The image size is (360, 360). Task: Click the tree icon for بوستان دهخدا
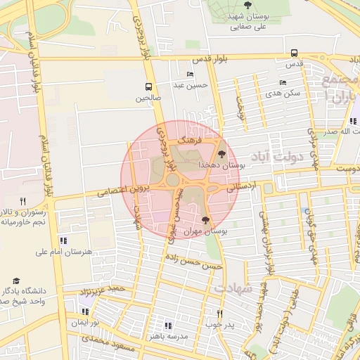[x=223, y=153]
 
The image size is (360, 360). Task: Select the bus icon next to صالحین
[x=139, y=86]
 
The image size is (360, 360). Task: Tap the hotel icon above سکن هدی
[x=283, y=82]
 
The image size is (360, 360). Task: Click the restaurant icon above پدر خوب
[x=220, y=314]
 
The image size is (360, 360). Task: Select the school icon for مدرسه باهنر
[x=167, y=325]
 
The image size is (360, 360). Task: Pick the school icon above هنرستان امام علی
[x=63, y=240]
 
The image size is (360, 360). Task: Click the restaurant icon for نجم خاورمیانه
[x=22, y=201]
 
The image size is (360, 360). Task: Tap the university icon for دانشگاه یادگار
[x=16, y=281]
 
